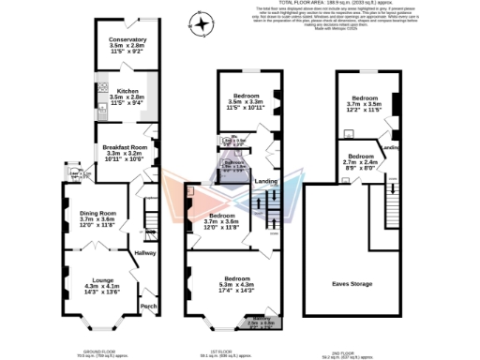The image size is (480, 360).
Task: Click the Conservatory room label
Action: pyautogui.click(x=127, y=44)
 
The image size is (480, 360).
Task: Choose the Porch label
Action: pyautogui.click(x=147, y=306)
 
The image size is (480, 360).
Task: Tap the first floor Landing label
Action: pyautogui.click(x=267, y=181)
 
